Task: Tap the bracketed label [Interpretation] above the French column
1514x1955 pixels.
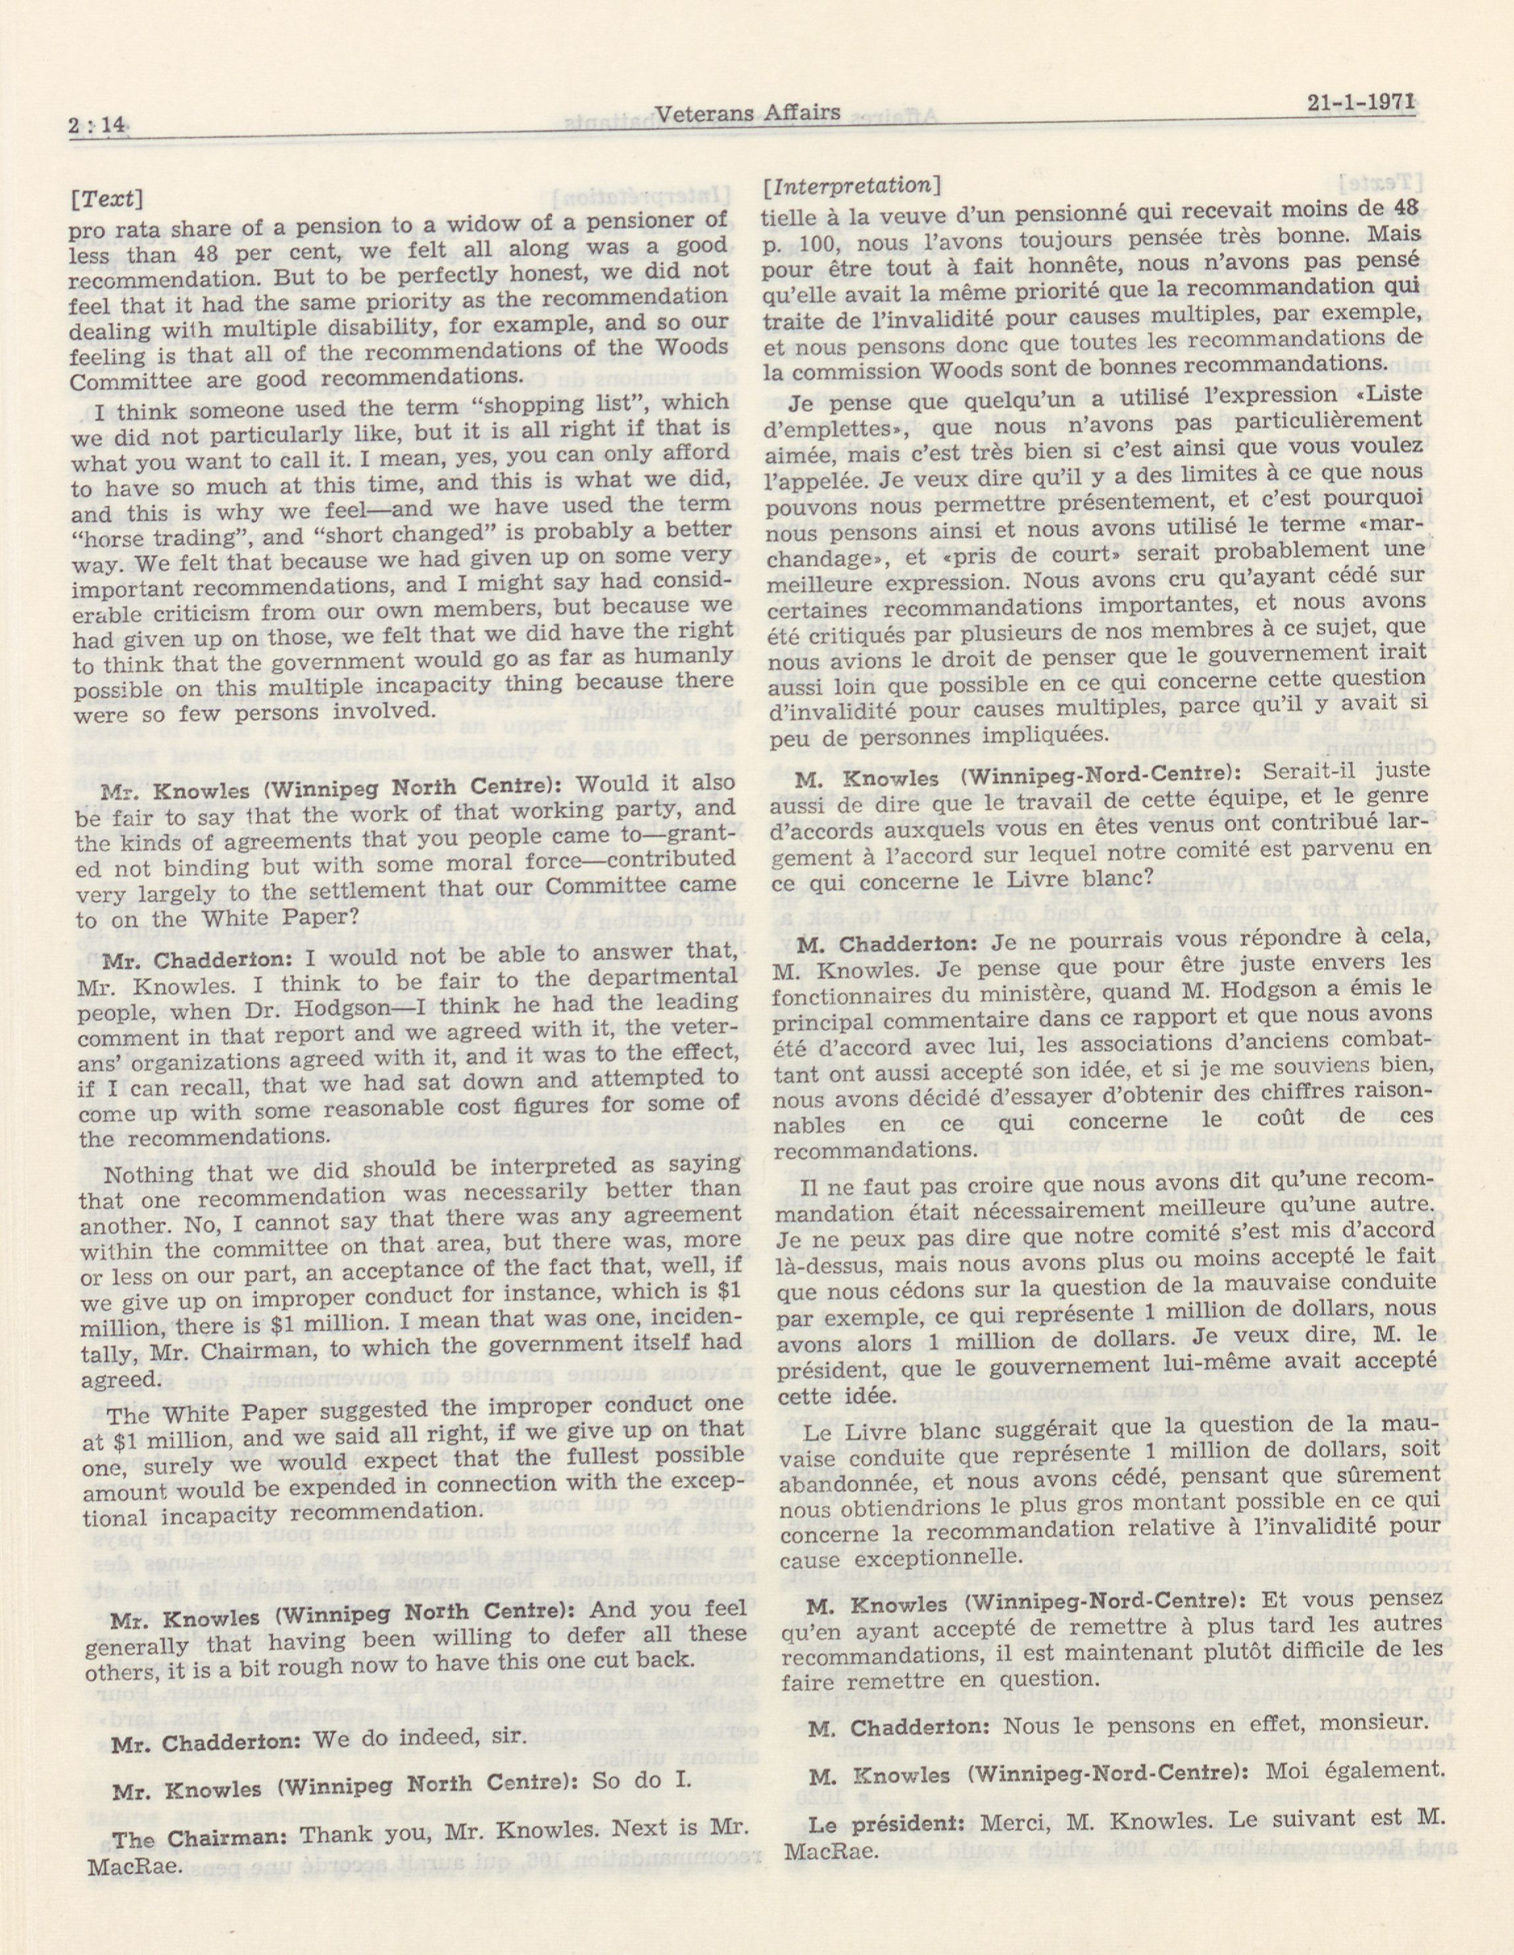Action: [x=850, y=187]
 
